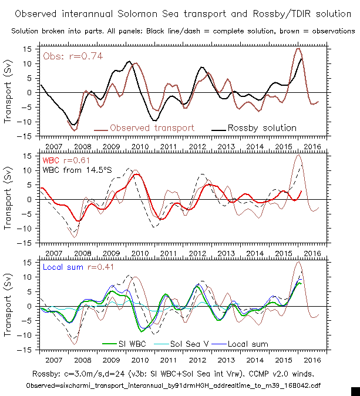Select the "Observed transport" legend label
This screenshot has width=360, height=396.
[x=152, y=127]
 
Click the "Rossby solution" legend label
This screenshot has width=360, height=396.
[x=262, y=127]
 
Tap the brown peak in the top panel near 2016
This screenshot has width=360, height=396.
[x=298, y=49]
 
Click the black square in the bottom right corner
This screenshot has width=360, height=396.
[x=355, y=391]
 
